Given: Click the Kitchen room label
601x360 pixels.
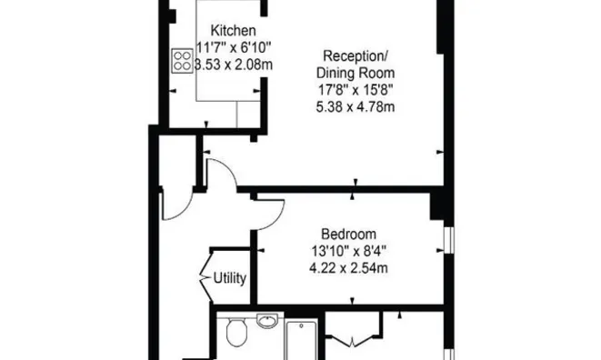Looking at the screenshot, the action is tap(234, 30).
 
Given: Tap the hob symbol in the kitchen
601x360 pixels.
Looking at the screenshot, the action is tap(182, 61).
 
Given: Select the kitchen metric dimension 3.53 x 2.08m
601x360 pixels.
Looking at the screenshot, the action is tap(234, 65).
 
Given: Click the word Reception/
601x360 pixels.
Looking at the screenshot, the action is tap(356, 56).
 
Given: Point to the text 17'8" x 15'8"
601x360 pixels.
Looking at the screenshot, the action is tap(356, 90).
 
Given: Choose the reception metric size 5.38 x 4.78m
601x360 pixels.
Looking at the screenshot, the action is tap(356, 106).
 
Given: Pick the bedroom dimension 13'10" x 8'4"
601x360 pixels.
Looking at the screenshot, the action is tap(348, 251).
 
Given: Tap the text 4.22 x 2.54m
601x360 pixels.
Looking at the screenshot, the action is tap(348, 267).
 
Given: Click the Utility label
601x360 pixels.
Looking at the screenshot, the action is tap(230, 278).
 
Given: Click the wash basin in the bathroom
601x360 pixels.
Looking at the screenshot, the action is tap(267, 321).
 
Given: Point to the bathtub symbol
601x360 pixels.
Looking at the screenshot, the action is tap(301, 340).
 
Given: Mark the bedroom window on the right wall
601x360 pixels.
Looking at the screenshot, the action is tap(449, 240).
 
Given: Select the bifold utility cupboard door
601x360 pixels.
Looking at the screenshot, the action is tap(205, 276).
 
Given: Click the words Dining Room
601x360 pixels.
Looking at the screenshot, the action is tap(356, 73).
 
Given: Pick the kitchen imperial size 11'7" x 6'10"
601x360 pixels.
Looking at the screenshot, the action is tap(234, 47).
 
